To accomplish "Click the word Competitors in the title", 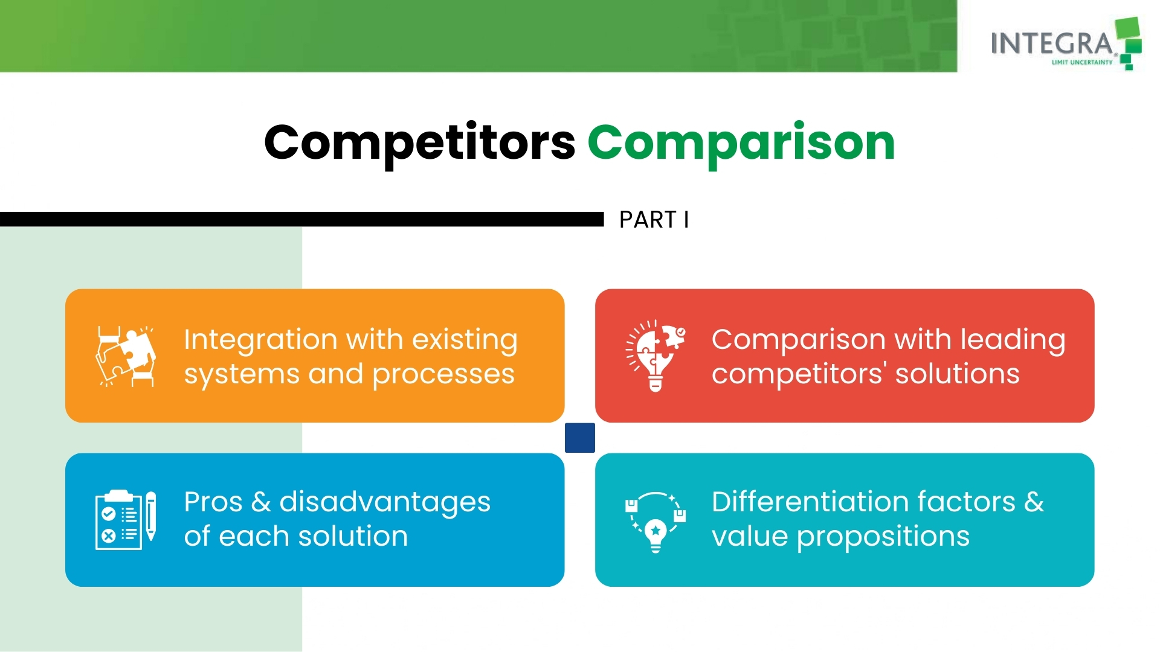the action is pos(420,143).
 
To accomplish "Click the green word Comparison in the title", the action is pos(741,143).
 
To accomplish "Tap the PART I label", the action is pos(654,220).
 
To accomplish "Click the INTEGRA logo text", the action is pos(1052,43).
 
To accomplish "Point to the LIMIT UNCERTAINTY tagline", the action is pos(1082,62).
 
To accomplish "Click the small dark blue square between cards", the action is pos(580,438).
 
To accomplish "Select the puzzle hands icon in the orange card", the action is pos(126,356).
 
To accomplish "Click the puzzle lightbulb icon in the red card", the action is pos(656,356).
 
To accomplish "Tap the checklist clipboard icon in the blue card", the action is pos(119,520).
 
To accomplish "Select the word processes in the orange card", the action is pos(443,375).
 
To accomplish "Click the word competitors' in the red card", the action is pos(799,374).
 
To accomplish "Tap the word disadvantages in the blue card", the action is pos(385,503).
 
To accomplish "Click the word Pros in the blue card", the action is pos(213,502).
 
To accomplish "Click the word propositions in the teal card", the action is pos(883,537).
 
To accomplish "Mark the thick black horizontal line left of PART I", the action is pos(302,219).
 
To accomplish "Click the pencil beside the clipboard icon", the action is pos(151,516).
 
